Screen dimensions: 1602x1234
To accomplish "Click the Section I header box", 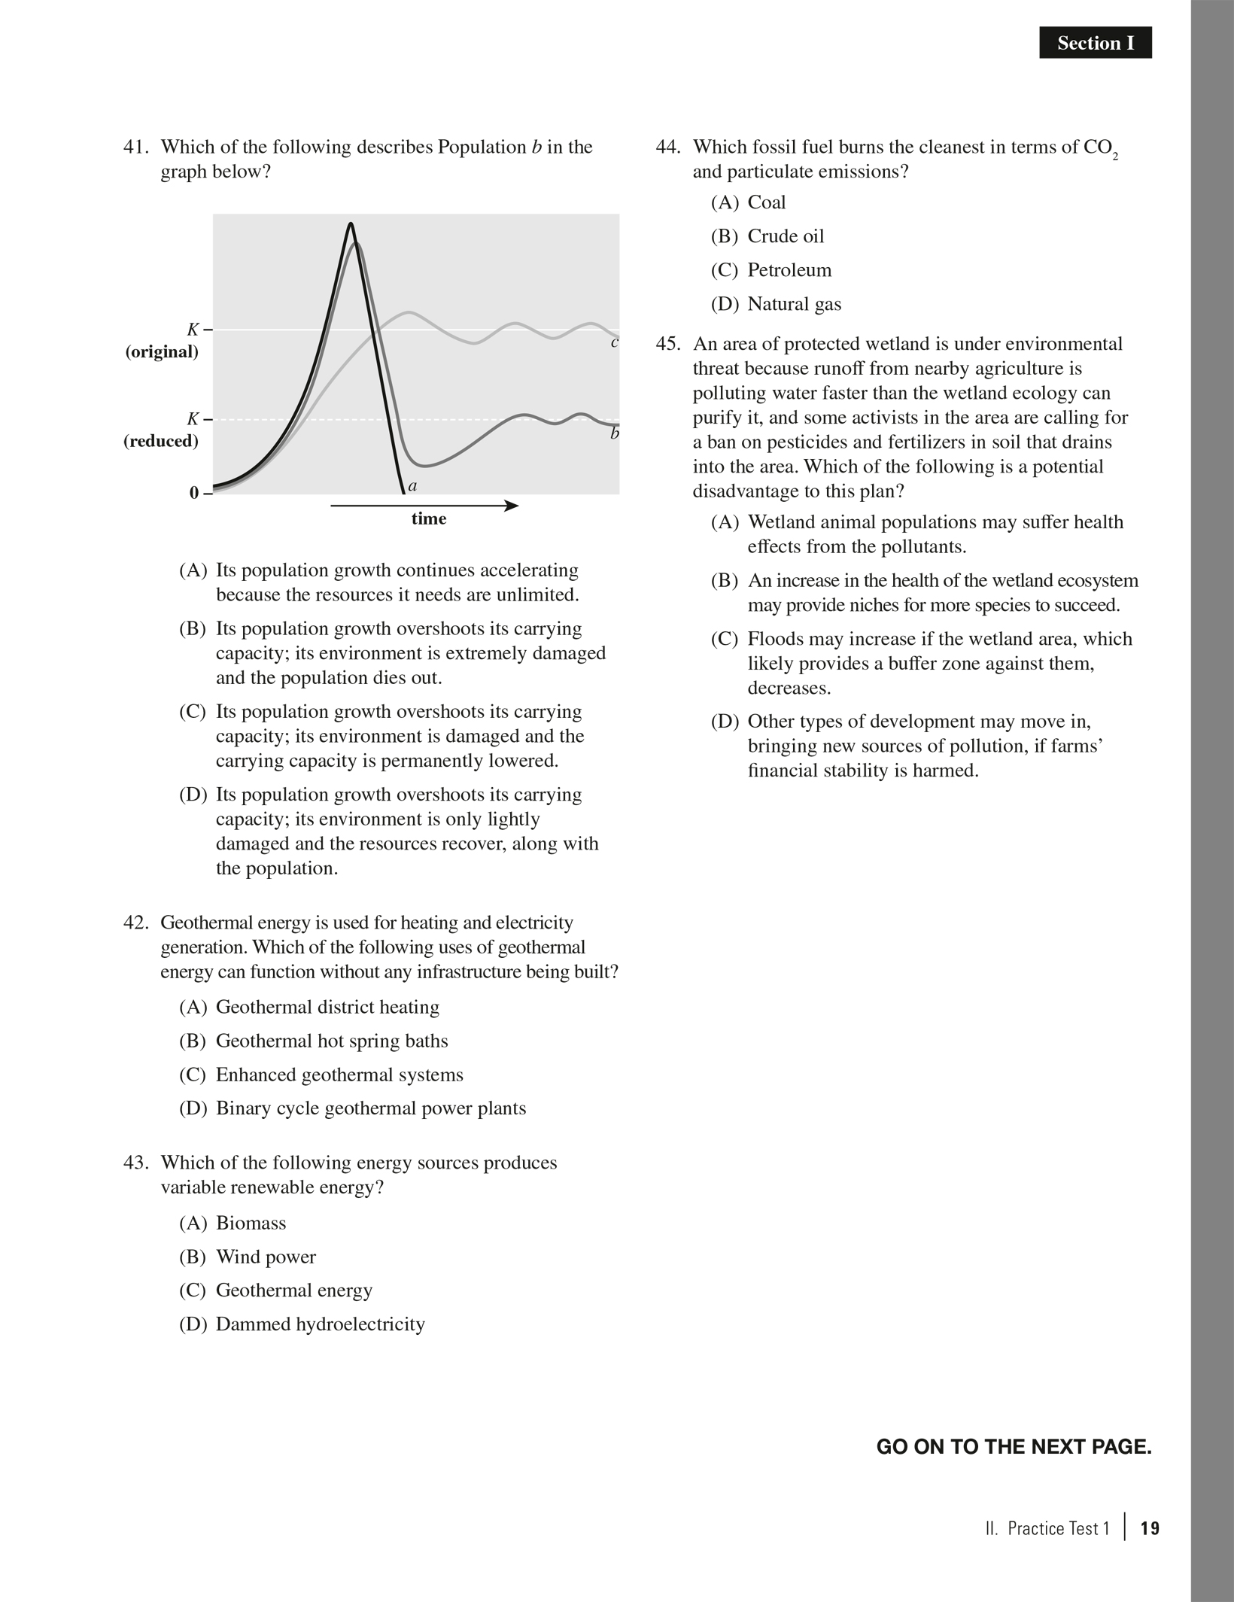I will click(1095, 44).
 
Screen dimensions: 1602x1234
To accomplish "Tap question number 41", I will click(137, 147).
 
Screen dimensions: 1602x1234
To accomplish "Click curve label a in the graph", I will click(412, 486).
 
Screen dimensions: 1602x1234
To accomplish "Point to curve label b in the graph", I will click(615, 434).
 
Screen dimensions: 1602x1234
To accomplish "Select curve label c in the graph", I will click(615, 343).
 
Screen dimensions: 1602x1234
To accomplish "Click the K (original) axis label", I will click(163, 341).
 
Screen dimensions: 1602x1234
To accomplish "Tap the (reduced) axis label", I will click(161, 441).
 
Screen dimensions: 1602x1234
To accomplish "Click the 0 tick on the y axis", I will click(194, 494).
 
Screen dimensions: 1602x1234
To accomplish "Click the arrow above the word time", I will click(424, 506).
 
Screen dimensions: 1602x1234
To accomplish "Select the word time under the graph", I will click(429, 519).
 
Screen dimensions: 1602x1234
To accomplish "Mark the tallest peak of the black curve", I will click(351, 224).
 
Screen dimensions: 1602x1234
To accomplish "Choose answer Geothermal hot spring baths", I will click(331, 1041).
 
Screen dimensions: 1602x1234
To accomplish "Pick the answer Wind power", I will click(266, 1257).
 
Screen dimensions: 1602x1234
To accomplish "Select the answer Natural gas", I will click(794, 304).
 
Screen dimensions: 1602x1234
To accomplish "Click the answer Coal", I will click(766, 202).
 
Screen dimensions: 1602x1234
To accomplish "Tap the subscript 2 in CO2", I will click(1115, 156).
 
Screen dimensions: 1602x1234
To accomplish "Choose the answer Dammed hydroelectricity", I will click(320, 1324).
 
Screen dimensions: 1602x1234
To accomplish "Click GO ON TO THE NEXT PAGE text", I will click(1014, 1446).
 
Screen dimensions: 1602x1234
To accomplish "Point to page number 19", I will click(1150, 1528).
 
